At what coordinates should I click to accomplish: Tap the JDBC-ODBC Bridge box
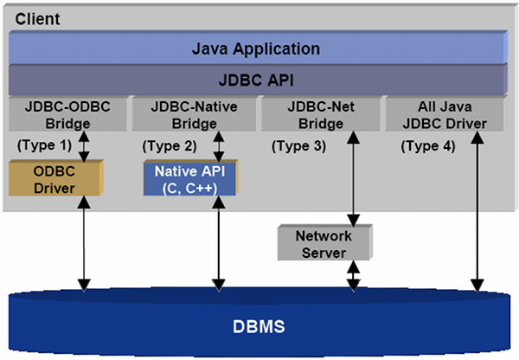click(68, 115)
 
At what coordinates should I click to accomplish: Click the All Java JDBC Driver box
click(445, 115)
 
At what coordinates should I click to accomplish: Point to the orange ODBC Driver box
click(54, 177)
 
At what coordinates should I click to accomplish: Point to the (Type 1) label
click(44, 145)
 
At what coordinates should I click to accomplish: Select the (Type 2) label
click(169, 145)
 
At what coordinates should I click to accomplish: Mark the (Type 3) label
click(298, 145)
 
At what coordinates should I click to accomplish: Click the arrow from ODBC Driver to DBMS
click(84, 242)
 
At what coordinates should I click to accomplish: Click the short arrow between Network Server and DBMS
click(353, 276)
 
